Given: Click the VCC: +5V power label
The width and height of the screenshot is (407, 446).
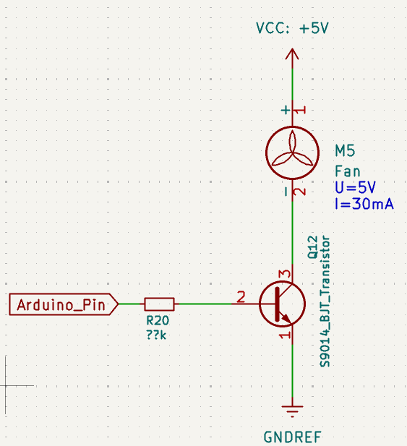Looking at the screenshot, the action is pos(292,28).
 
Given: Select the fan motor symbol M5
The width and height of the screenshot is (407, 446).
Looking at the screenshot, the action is pos(292,153).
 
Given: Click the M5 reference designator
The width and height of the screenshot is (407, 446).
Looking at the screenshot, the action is pos(345,151).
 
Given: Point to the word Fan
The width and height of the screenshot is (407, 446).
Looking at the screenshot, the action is pos(348,171).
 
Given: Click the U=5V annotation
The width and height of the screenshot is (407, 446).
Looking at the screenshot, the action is pos(355,188).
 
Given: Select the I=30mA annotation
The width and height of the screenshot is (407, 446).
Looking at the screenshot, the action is pos(364,204).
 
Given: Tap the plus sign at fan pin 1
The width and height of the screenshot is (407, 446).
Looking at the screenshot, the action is pos(286,110).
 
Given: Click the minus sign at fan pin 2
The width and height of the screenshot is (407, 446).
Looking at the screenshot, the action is pos(286,192).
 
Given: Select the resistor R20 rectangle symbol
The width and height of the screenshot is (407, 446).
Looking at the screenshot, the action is pos(159,304).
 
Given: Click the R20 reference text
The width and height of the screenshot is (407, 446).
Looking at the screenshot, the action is pos(158,320).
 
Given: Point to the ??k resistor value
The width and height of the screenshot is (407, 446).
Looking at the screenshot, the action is pos(156,335).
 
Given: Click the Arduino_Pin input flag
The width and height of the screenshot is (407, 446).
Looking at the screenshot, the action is pos(64,304).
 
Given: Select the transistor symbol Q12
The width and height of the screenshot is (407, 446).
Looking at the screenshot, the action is pos(283,304).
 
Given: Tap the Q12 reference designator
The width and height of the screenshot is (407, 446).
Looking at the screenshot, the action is pos(313,247).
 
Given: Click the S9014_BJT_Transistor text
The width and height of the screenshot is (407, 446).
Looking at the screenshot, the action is pos(325,301).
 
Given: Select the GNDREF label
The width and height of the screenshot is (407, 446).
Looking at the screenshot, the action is pos(293,437).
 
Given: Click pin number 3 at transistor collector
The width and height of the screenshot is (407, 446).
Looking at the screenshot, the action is pos(285,274).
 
